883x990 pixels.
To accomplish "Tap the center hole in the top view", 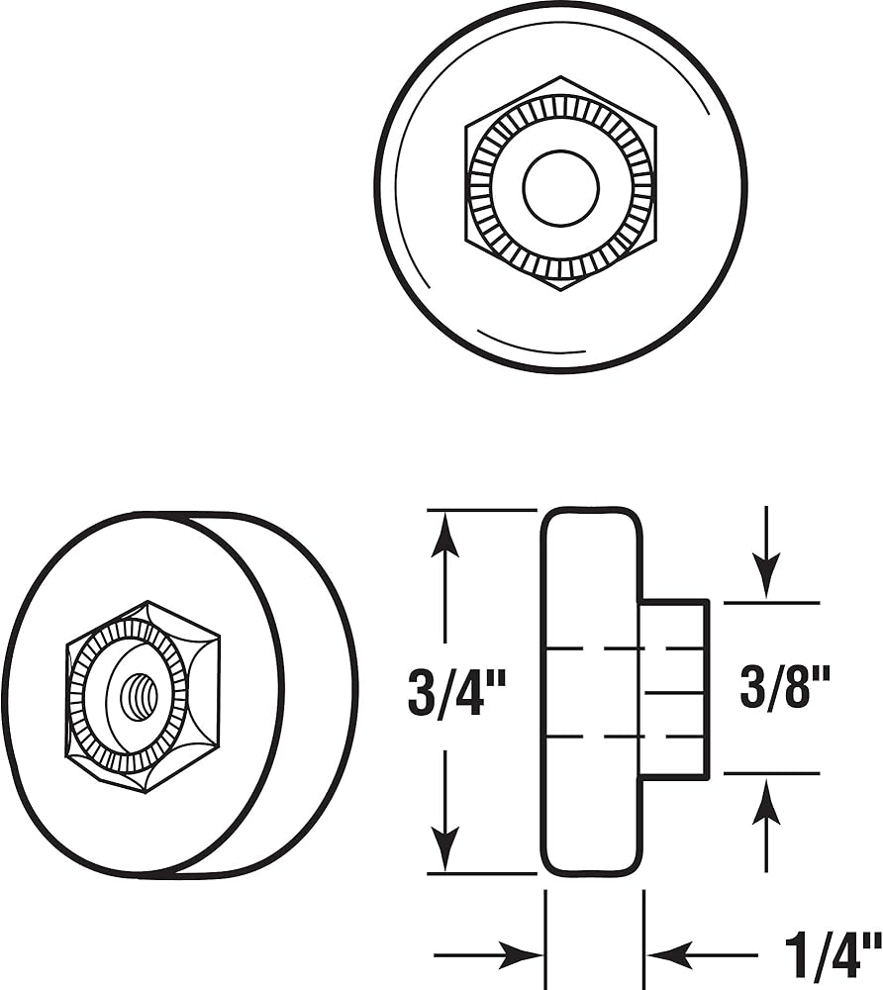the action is (x=560, y=187).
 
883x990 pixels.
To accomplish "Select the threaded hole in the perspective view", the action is (x=139, y=697).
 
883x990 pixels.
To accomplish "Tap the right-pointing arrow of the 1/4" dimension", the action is (x=521, y=955).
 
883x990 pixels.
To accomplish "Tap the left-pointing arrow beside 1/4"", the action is (x=669, y=955).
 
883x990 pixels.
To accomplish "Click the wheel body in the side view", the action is (x=591, y=594).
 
